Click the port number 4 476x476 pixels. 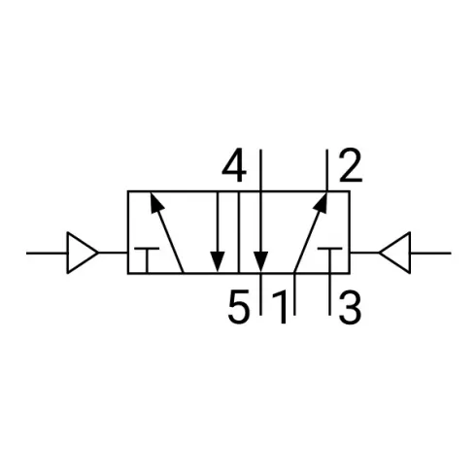(234, 165)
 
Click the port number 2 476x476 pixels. (351, 165)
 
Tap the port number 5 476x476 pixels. (239, 307)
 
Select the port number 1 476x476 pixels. (281, 308)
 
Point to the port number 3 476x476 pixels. (350, 307)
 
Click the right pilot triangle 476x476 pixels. (395, 253)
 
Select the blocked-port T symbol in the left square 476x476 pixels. (147, 260)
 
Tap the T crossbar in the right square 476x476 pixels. (329, 249)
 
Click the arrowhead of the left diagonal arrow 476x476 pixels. (156, 203)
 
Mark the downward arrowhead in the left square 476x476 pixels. (218, 261)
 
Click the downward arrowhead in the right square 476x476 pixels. (260, 261)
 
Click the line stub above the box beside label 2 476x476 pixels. (327, 170)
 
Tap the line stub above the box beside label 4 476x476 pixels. (260, 170)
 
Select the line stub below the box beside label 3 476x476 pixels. (329, 294)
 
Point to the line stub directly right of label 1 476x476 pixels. (294, 294)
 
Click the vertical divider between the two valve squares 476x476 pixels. (239, 232)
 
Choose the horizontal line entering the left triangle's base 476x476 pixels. (47, 253)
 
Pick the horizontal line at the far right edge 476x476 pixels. (430, 253)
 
